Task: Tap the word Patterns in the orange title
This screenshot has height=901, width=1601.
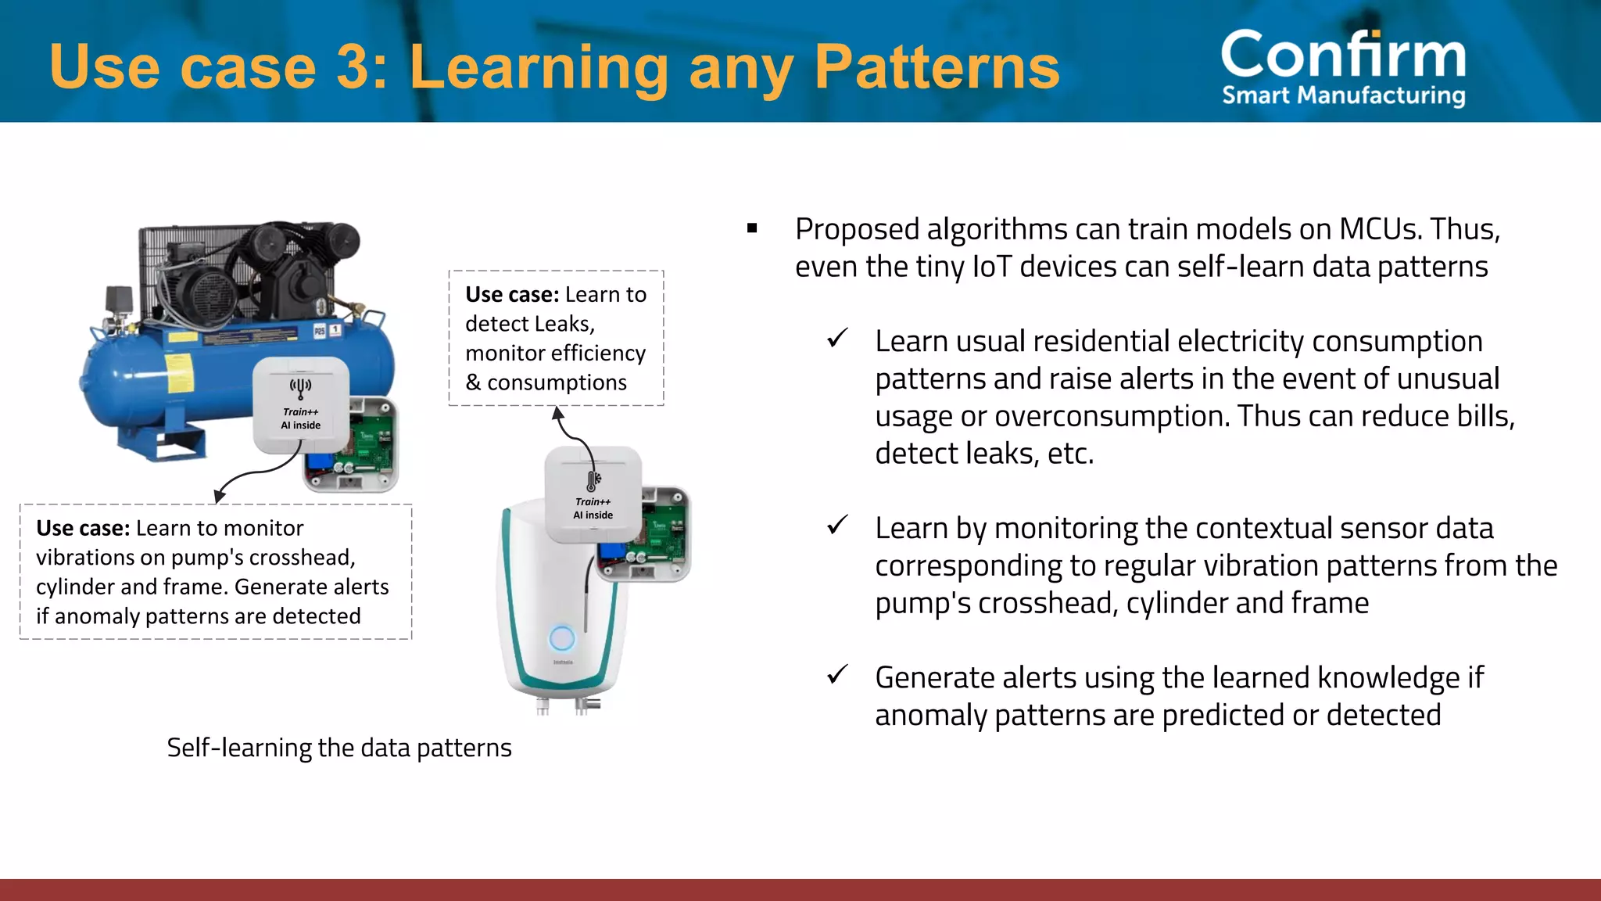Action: [937, 67]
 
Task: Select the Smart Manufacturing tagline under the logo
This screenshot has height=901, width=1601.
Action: [1343, 95]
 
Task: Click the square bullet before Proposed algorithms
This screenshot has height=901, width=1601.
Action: [752, 228]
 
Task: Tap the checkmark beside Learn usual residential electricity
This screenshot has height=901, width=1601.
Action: [837, 339]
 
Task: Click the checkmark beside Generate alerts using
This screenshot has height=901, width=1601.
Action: [837, 674]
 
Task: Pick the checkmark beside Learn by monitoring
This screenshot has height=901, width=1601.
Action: [837, 525]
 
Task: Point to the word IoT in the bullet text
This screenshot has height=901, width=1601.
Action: [992, 267]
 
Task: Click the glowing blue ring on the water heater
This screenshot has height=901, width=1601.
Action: [561, 639]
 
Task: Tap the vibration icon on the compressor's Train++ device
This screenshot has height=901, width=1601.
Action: [300, 386]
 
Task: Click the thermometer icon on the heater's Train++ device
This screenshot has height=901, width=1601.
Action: [593, 479]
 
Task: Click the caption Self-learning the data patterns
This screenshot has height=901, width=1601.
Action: [338, 748]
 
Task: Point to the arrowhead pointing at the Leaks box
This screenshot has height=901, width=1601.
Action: [557, 413]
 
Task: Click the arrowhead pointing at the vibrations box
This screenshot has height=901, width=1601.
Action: [220, 496]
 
